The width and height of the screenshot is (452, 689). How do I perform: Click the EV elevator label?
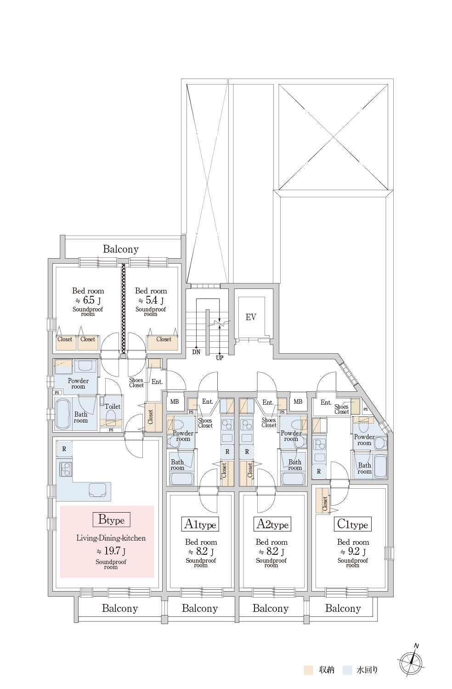click(251, 317)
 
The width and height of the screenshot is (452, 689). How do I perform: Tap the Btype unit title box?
click(111, 520)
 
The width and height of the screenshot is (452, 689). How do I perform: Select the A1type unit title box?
click(200, 524)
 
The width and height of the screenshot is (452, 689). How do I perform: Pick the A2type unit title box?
click(272, 524)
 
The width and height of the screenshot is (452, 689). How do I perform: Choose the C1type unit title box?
click(353, 524)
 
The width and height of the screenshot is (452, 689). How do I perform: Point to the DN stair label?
click(196, 352)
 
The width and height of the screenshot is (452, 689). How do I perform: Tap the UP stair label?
click(220, 358)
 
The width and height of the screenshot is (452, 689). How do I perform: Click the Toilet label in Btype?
click(113, 407)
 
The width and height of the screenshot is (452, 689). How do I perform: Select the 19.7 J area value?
click(111, 551)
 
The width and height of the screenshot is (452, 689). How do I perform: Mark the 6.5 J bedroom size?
click(88, 300)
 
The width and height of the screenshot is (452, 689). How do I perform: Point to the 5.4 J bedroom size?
click(151, 300)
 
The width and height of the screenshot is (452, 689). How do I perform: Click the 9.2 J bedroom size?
click(353, 551)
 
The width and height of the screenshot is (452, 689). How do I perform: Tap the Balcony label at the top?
click(121, 249)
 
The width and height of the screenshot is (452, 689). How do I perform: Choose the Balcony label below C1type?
click(343, 608)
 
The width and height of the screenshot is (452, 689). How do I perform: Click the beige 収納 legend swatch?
click(308, 670)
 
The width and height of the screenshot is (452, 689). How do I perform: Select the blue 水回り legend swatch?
click(348, 670)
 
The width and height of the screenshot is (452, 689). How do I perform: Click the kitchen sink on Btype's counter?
click(99, 490)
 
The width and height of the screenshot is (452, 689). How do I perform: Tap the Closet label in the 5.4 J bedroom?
click(164, 339)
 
